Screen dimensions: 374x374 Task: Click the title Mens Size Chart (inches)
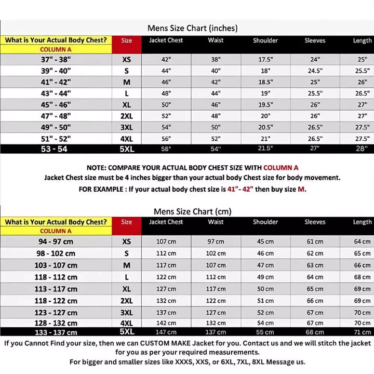pos(192,28)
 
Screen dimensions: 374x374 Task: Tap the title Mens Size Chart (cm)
pos(192,211)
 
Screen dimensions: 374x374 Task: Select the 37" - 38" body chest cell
pos(56,59)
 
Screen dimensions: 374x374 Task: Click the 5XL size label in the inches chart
pos(127,149)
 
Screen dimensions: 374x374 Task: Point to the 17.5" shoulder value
pos(265,59)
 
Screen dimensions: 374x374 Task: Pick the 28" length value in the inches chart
pos(362,149)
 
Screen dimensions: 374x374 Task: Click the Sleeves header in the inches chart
pos(315,41)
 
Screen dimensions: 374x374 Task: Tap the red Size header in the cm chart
pos(127,222)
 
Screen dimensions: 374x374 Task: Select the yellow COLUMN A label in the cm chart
pos(56,231)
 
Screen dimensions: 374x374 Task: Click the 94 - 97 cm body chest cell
pos(56,242)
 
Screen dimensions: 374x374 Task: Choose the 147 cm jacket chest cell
pos(166,332)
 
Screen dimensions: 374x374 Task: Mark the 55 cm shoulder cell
pos(265,332)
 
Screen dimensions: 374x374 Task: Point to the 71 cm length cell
pos(362,332)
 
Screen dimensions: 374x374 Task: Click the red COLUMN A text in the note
pos(280,168)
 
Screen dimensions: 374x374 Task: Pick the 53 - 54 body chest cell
pos(56,149)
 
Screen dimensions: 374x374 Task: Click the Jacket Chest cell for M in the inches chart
pos(166,82)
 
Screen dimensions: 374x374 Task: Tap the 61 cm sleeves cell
pos(315,242)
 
